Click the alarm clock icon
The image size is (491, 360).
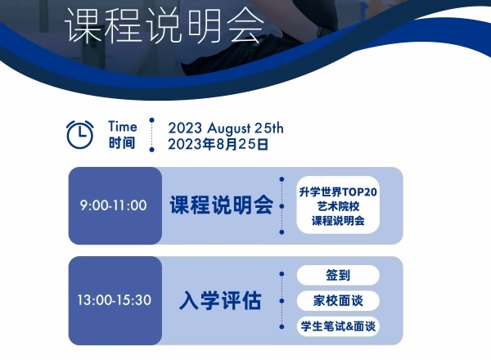click(x=80, y=135)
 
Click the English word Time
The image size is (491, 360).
click(x=123, y=127)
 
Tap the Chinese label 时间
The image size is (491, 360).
click(x=122, y=142)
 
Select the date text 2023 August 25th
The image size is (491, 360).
click(x=226, y=128)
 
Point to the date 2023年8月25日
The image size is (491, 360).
click(x=218, y=144)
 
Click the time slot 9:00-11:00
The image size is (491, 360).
click(x=114, y=205)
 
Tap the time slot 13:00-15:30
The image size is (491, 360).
click(x=115, y=300)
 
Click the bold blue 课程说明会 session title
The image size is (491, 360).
click(x=221, y=205)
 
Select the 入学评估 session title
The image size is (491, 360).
click(x=220, y=300)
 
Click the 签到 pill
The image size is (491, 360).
click(x=338, y=275)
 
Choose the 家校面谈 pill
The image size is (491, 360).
click(x=338, y=301)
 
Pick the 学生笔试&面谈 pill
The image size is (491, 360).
click(x=338, y=326)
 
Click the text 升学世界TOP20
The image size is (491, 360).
click(x=338, y=192)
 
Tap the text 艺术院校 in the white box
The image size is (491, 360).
click(x=338, y=206)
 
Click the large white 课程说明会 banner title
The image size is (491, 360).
click(x=164, y=25)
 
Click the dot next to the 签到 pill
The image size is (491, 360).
click(x=282, y=274)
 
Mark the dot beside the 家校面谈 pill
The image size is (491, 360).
click(x=282, y=301)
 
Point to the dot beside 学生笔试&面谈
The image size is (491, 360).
click(x=282, y=326)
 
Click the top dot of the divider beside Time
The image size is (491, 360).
click(x=152, y=120)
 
